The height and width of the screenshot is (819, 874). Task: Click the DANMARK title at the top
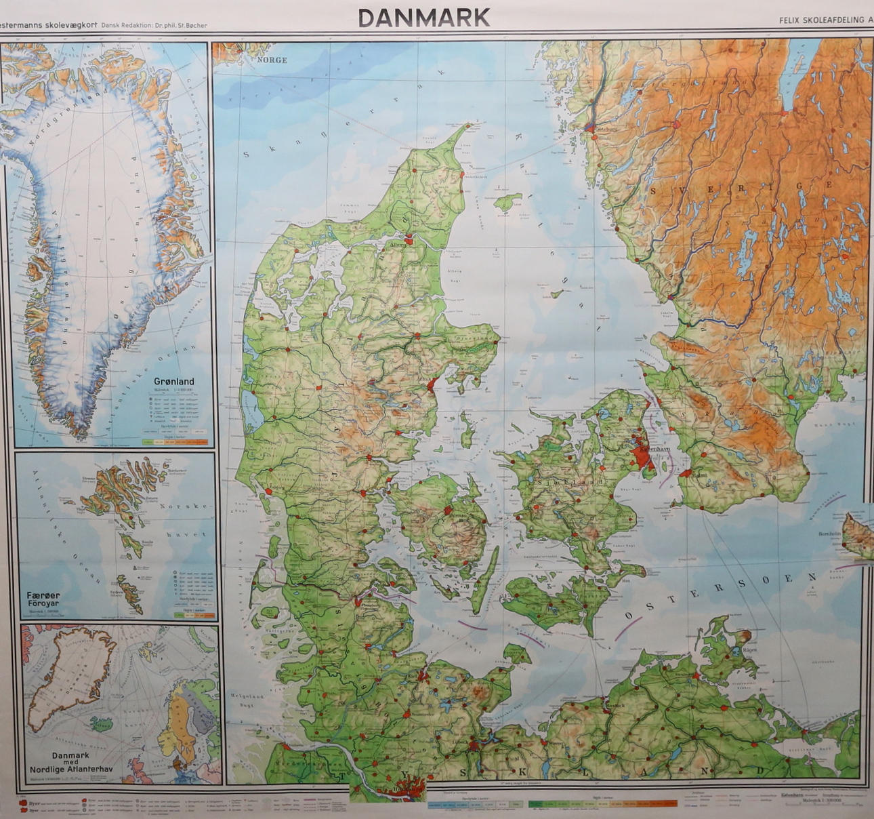424,18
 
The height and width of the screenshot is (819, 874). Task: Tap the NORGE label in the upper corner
272,60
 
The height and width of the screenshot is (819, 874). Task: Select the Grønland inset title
173,382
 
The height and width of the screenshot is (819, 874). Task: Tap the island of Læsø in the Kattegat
508,201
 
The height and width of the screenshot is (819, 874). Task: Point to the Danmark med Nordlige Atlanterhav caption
70,763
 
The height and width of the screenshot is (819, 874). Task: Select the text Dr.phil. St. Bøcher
181,26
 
